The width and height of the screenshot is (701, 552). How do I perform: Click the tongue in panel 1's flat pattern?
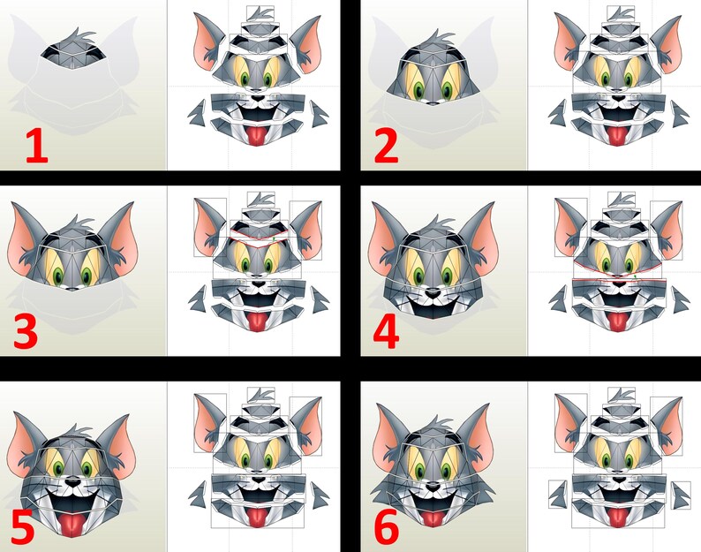pos(257,135)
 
